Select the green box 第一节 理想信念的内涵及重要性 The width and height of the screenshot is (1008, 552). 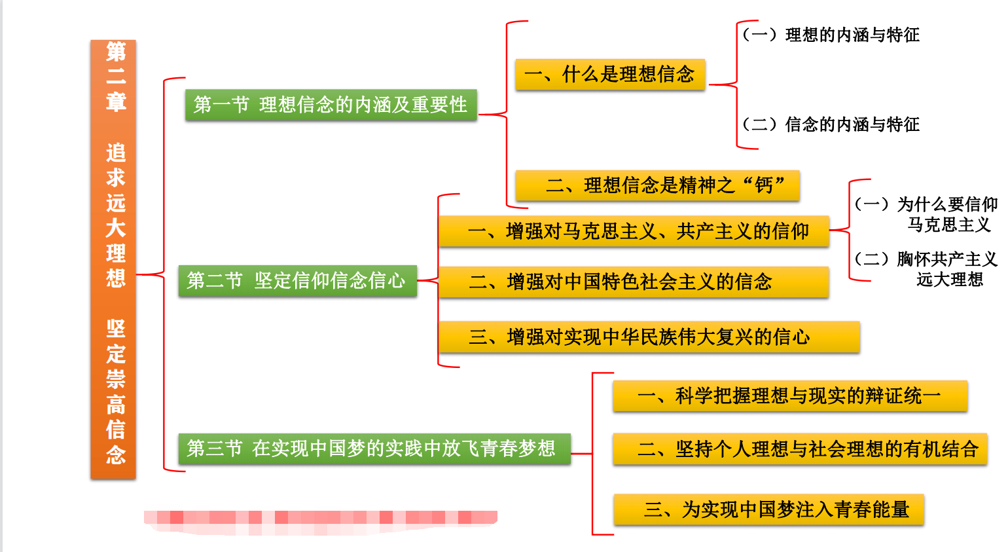click(x=331, y=105)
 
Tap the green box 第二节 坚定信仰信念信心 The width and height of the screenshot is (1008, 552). click(x=297, y=281)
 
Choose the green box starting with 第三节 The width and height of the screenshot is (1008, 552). click(x=374, y=449)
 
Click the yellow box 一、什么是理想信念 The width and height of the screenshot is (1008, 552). click(x=609, y=75)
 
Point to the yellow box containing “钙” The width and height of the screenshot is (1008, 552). click(x=657, y=186)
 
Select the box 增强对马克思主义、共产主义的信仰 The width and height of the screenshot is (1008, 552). click(x=633, y=231)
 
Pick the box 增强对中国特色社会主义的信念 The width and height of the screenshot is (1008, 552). click(x=633, y=282)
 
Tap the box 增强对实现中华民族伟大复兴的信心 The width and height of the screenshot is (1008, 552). click(x=648, y=337)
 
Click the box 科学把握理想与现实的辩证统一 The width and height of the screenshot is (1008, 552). click(x=789, y=396)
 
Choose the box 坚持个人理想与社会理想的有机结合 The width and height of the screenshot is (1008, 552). click(x=799, y=449)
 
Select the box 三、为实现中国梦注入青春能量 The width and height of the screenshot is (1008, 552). click(x=768, y=509)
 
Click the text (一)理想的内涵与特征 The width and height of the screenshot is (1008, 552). click(x=831, y=35)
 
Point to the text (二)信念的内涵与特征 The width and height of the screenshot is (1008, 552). click(x=831, y=124)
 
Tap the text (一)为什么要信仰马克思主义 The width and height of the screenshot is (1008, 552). click(x=926, y=214)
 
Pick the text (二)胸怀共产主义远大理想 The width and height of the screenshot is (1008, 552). click(x=926, y=269)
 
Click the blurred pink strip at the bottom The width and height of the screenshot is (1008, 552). click(x=320, y=519)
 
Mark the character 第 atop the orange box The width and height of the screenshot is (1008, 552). click(x=116, y=51)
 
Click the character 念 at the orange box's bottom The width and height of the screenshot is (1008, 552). click(x=116, y=454)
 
